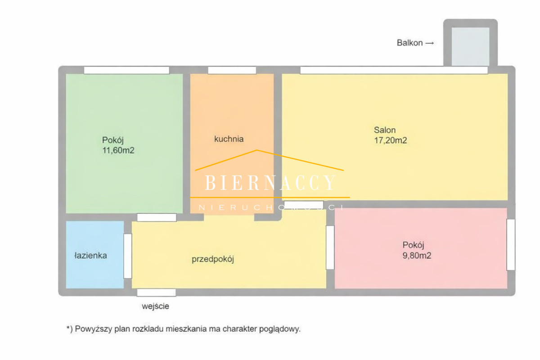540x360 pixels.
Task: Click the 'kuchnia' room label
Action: coord(229,139)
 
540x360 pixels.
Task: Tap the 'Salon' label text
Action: coord(385,130)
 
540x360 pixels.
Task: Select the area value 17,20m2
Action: coord(390,140)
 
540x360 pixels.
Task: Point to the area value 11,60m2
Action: coord(118,150)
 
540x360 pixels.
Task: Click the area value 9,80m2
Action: coord(417,256)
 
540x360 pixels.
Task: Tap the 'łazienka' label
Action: coord(90,255)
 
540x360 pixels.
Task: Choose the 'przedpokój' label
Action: coord(213,260)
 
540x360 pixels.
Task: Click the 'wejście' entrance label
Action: coord(156,306)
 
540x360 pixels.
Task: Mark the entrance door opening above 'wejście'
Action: coord(157,292)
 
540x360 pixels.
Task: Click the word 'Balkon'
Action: coord(409,43)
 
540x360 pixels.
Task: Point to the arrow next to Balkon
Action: coord(430,43)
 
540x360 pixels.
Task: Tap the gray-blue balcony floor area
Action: coord(470,46)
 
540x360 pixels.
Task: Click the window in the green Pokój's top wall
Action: coord(126,70)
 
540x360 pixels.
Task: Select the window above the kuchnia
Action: coord(232,70)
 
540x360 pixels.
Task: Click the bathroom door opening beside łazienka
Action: coord(128,256)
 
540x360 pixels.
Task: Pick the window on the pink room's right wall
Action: coord(511,244)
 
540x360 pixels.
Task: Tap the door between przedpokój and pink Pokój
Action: coord(330,247)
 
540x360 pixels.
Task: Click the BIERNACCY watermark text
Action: coord(270,183)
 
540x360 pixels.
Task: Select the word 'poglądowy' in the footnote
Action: coord(280,329)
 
